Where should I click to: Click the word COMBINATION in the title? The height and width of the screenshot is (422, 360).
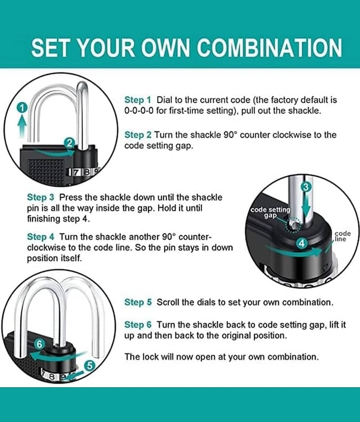(269, 47)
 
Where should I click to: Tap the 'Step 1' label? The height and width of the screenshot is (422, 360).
(138, 100)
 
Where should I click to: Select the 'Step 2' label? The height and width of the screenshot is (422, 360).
(138, 135)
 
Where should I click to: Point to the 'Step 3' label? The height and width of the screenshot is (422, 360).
(41, 197)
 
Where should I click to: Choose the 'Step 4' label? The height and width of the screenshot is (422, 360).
(41, 237)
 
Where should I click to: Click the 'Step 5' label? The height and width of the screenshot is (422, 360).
(138, 302)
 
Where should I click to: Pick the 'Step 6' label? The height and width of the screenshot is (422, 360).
(138, 324)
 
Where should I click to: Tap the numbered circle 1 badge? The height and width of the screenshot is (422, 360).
(22, 108)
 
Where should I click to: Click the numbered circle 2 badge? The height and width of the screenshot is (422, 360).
(70, 143)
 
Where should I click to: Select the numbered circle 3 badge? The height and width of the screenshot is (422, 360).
(305, 187)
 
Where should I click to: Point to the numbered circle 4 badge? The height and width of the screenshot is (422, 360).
(301, 243)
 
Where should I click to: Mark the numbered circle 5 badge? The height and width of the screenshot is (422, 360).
(90, 366)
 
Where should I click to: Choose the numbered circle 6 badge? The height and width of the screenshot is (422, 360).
(40, 344)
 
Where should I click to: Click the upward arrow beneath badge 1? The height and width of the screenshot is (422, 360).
(22, 128)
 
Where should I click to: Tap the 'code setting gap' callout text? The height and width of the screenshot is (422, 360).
(270, 213)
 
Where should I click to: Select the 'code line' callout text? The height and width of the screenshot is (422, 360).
(343, 236)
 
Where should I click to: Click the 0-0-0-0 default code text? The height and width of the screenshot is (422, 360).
(139, 111)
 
